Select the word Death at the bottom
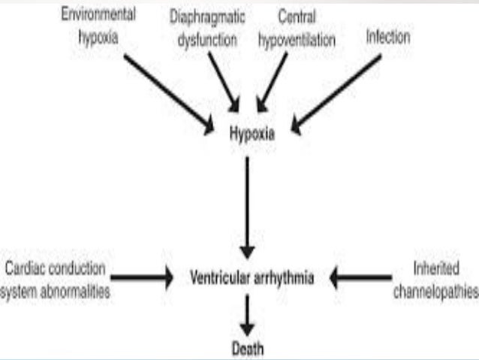click(247, 349)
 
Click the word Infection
click(388, 37)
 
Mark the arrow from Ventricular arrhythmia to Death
click(247, 314)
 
